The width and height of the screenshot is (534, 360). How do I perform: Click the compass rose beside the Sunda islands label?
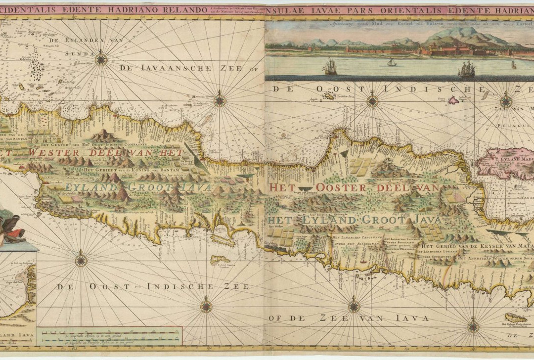click(x=101, y=60)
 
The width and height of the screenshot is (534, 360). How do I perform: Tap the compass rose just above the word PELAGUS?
click(x=506, y=102)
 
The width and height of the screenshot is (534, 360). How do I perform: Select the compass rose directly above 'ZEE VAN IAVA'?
click(x=354, y=306)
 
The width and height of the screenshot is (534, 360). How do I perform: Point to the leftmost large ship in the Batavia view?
click(x=330, y=66)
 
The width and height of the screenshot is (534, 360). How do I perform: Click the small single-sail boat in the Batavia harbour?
click(x=392, y=62)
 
